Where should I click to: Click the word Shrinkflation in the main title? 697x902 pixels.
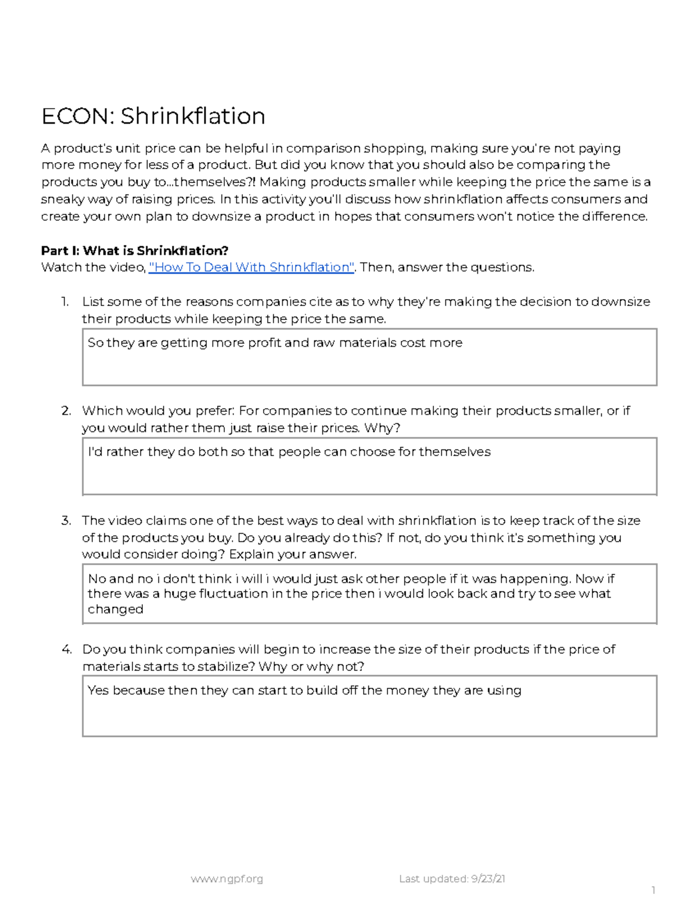pos(193,116)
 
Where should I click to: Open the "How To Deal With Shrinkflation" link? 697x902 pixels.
pos(252,267)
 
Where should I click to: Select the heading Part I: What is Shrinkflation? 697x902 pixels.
pos(134,251)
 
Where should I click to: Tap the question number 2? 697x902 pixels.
pos(66,411)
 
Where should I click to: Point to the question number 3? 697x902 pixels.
pos(66,520)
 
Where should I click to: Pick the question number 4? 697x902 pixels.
pos(66,649)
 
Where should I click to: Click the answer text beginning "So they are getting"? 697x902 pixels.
pos(275,343)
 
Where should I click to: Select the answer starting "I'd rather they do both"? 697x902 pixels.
pos(289,452)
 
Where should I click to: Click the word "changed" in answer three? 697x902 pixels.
pos(115,609)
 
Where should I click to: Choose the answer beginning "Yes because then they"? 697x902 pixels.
pos(304,691)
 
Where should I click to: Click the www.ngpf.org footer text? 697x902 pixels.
pos(227,879)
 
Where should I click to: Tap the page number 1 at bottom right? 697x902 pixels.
pos(653,890)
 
